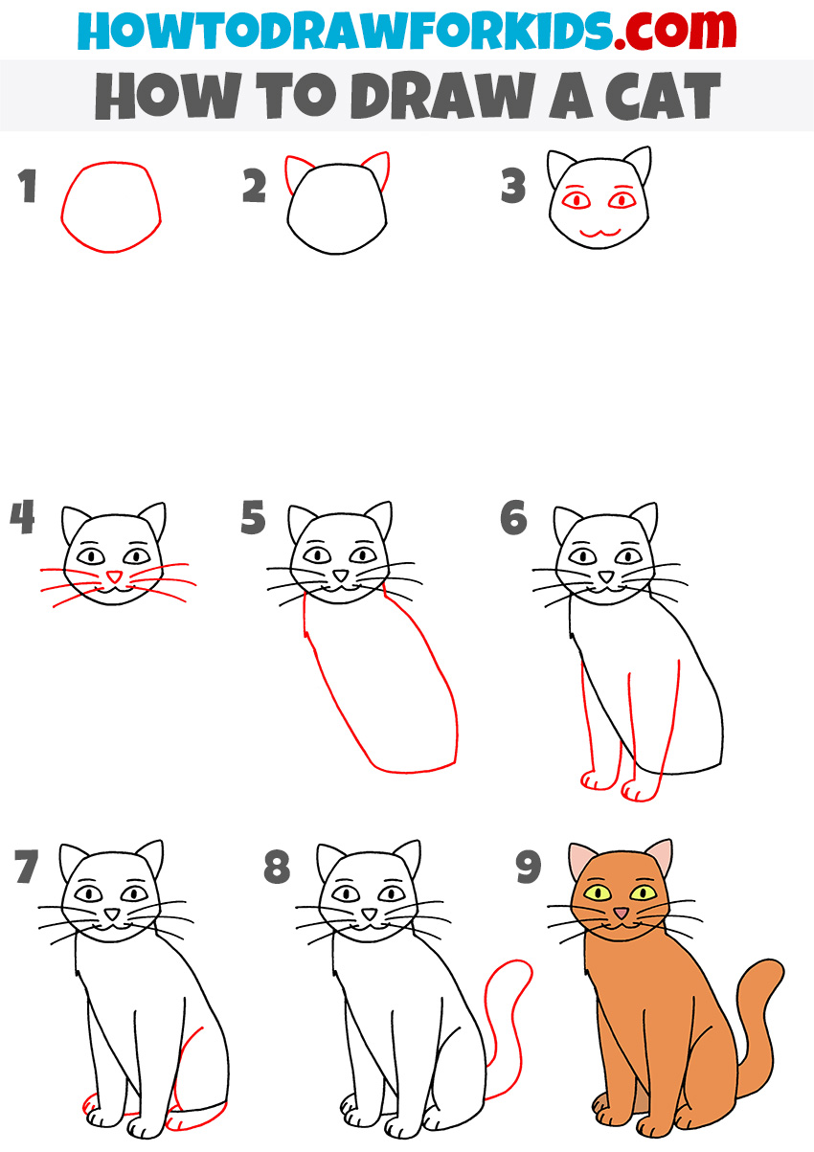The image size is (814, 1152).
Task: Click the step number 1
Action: coord(28,186)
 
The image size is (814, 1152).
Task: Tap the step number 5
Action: coord(253,516)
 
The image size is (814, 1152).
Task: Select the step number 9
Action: coord(529,867)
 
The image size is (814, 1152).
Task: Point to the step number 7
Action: coord(26,867)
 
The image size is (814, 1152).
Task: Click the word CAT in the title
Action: coord(664,96)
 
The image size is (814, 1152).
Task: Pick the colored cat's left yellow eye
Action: coord(598,892)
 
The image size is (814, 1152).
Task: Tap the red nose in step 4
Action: coord(114,576)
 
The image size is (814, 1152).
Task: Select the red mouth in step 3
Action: coord(600,233)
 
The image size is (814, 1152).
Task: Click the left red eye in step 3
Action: coord(576,199)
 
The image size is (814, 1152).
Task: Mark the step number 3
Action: coord(513,186)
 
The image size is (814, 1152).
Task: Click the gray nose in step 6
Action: coord(607,576)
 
